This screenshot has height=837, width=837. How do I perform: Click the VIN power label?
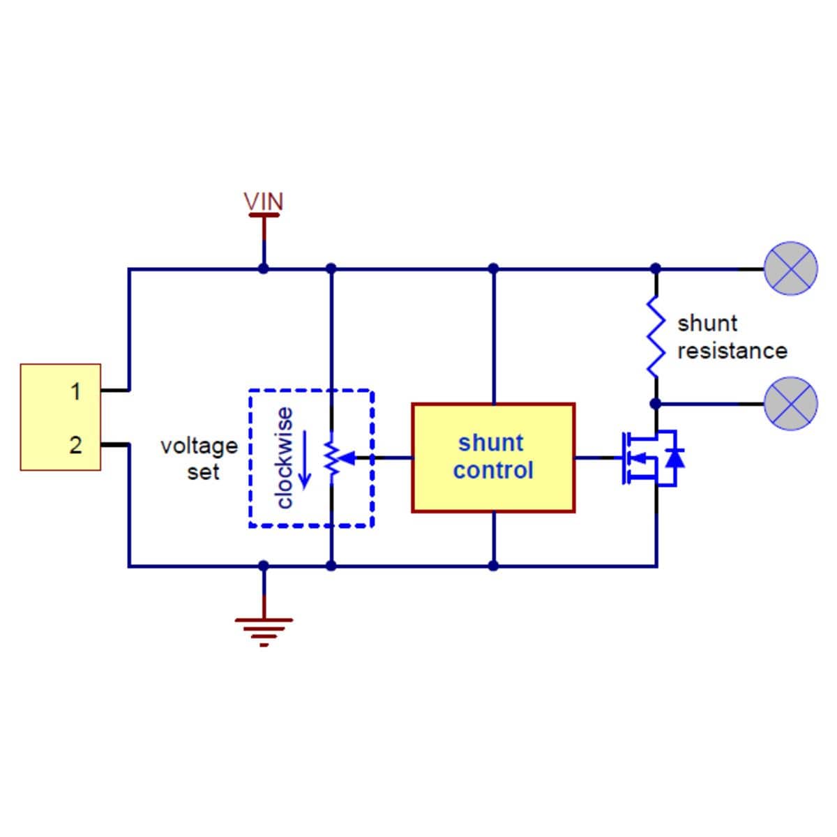pos(264,202)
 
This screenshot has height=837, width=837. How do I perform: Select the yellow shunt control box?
pos(493,458)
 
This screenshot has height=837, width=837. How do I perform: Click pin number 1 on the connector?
pos(75,391)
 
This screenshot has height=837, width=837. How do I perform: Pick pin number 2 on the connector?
pos(75,445)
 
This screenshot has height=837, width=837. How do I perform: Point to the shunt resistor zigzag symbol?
pos(655,336)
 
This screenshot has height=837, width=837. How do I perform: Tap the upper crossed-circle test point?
pos(791,269)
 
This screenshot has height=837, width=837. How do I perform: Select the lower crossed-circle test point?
pos(791,403)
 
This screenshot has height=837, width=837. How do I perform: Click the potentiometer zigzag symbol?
pos(331,458)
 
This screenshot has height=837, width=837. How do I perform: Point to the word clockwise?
pos(284,458)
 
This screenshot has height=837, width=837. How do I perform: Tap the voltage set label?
pos(199,458)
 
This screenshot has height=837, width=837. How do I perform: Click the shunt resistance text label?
pos(732,337)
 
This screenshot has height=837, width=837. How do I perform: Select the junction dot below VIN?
pos(264,269)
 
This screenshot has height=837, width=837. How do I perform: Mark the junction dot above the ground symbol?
pos(264,566)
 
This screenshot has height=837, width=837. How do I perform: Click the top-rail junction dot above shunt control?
pos(493,269)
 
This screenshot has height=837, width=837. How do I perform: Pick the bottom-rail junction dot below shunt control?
pos(493,566)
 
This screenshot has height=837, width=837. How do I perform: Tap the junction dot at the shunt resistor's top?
pos(655,269)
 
